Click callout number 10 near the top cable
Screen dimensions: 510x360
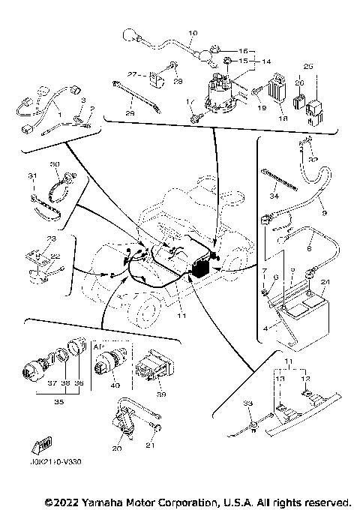[x=193, y=33]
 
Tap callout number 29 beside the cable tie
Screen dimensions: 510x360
[x=130, y=112]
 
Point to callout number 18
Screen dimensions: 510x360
[x=283, y=118]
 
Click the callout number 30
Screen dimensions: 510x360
[x=54, y=164]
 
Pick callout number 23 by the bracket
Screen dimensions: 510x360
[x=51, y=238]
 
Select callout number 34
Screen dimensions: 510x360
[x=274, y=196]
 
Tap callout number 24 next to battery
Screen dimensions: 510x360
[x=325, y=283]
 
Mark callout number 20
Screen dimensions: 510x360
[x=116, y=448]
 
